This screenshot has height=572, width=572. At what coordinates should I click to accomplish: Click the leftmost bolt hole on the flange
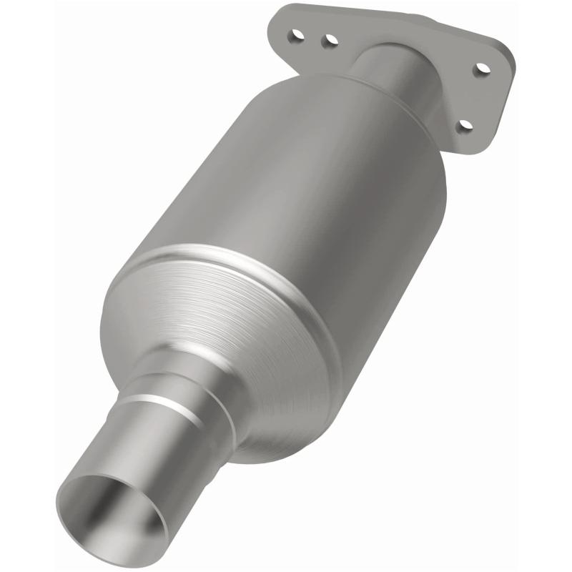pos(295,34)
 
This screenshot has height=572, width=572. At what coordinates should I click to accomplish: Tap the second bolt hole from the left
pos(330,41)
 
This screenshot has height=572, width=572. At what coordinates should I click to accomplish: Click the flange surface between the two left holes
pos(312,38)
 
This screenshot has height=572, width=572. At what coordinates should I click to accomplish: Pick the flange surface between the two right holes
pos(475,97)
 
